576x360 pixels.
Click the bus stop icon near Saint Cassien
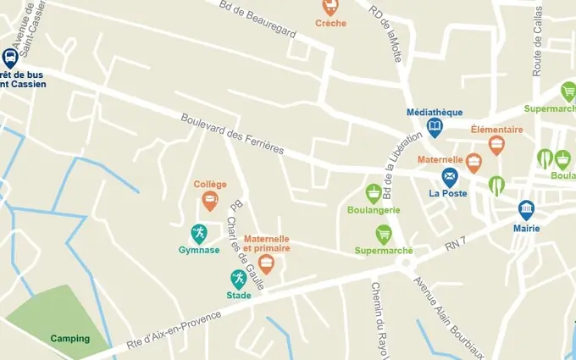(10, 58)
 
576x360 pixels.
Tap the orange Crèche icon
(330, 7)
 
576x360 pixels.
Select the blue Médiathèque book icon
(435, 128)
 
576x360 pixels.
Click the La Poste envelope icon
(450, 177)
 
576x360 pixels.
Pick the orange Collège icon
(209, 201)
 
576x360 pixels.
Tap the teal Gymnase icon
(199, 233)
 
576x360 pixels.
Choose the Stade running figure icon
(239, 279)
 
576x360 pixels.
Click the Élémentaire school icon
(496, 145)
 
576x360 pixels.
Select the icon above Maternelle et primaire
(267, 264)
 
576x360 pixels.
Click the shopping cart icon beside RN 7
(384, 234)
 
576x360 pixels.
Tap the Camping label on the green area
(69, 339)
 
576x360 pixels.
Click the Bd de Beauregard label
(258, 19)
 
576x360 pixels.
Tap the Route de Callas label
(536, 47)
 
